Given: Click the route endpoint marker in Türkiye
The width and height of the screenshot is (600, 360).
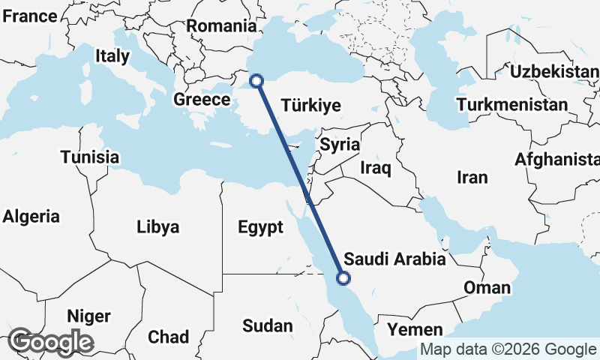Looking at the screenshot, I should coord(256,80).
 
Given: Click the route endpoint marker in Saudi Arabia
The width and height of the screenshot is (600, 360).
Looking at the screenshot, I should coord(343,278).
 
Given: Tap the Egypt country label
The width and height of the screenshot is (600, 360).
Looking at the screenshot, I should coord(260,227).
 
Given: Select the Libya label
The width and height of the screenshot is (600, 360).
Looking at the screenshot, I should coord(157,226).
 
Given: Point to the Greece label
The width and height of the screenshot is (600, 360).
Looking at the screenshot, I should coord(202,100).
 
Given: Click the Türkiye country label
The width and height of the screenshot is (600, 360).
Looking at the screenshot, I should coord(311,106).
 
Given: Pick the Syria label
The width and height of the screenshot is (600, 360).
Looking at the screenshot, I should coord(340,145).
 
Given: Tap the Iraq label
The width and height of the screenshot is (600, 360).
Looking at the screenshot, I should coord(376,167).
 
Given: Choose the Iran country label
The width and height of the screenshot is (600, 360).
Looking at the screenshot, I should coord(472,177).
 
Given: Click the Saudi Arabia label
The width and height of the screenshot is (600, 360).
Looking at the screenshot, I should coord(394,259).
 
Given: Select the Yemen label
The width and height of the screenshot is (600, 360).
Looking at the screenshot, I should coord(415,329).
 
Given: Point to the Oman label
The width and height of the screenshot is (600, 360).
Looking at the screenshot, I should coord(487,287).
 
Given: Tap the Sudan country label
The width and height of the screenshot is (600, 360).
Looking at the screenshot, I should coord(268,325).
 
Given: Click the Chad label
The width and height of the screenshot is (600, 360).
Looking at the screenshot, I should coord(168,337).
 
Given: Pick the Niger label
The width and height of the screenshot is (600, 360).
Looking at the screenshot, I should coord(89,315).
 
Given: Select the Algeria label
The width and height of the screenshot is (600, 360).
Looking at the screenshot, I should coord(31,217).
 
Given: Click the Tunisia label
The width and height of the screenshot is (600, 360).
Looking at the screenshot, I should coord(90,157).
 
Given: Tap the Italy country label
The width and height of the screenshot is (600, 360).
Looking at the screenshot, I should coord(112,55).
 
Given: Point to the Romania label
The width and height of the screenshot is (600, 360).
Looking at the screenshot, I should coord(222,26).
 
